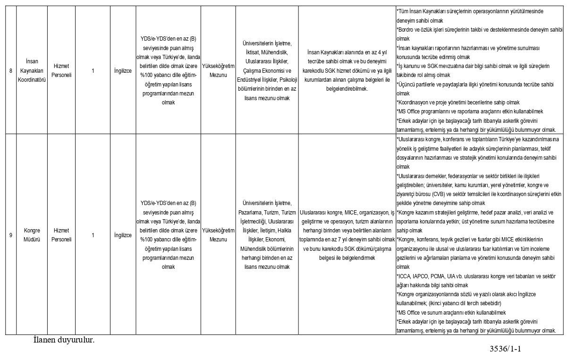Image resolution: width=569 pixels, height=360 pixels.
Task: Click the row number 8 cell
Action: [x=10, y=71]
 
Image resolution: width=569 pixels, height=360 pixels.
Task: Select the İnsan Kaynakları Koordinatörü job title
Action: [x=31, y=70]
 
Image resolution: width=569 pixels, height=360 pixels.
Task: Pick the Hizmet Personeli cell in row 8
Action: [x=61, y=71]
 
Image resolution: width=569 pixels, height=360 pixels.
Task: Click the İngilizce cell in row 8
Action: [x=123, y=71]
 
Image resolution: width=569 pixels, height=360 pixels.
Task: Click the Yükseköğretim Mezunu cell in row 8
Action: [x=218, y=71]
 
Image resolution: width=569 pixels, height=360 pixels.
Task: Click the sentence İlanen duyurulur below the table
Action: [x=64, y=340]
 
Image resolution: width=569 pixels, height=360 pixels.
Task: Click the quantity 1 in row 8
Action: [x=93, y=71]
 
